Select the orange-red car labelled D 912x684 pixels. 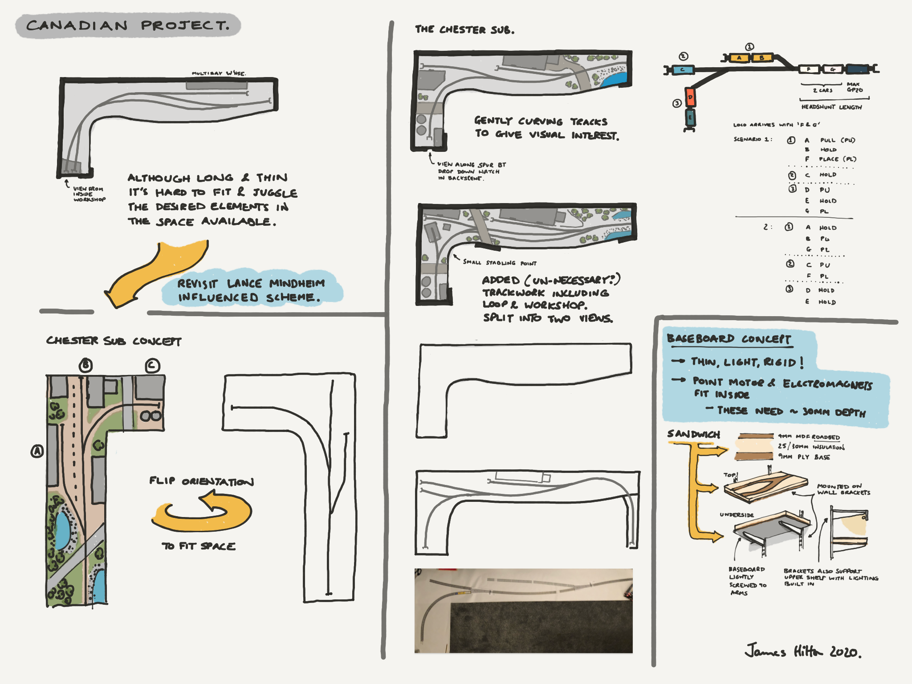pyautogui.click(x=690, y=98)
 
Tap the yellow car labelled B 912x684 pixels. pyautogui.click(x=762, y=58)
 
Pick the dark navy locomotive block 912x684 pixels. pyautogui.click(x=857, y=69)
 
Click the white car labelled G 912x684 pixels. pyautogui.click(x=832, y=69)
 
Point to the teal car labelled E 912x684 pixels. pyautogui.click(x=690, y=118)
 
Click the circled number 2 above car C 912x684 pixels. pyautogui.click(x=684, y=56)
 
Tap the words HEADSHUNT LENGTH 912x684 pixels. pyautogui.click(x=831, y=107)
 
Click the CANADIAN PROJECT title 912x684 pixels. pyautogui.click(x=128, y=25)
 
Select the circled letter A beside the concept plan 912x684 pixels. pyautogui.click(x=37, y=452)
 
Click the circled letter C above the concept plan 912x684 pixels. pyautogui.click(x=152, y=366)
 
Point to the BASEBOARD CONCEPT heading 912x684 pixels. pyautogui.click(x=729, y=339)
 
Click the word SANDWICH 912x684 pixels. pyautogui.click(x=693, y=434)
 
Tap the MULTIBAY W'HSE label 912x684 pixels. pyautogui.click(x=219, y=73)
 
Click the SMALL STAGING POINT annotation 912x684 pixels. pyautogui.click(x=500, y=263)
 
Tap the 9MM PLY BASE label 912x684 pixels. pyautogui.click(x=804, y=457)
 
